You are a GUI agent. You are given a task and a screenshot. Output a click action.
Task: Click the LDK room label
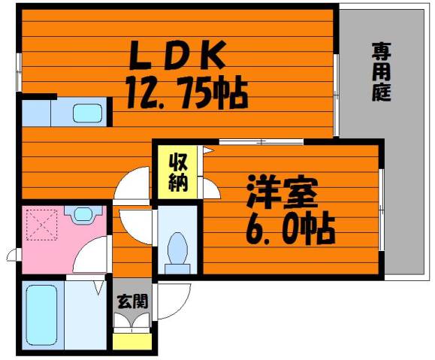[177, 55]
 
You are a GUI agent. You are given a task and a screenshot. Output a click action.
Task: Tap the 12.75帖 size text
[187, 92]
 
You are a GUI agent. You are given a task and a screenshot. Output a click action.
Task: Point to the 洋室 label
[282, 192]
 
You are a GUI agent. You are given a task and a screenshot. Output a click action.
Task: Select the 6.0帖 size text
[290, 228]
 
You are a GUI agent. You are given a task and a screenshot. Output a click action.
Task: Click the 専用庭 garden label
[382, 71]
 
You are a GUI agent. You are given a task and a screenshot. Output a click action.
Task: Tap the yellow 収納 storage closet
[178, 172]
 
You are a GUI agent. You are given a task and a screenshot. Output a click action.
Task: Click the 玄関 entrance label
[132, 301]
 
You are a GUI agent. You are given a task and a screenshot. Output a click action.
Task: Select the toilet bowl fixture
[177, 249]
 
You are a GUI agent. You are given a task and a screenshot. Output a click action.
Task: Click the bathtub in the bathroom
[42, 316]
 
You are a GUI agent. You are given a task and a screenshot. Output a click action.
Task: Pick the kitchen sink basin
[87, 113]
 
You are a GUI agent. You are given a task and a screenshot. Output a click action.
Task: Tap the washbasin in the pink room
[83, 214]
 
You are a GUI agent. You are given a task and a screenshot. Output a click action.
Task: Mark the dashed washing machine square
[41, 225]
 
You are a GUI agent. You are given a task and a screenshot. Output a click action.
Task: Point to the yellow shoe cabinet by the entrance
[132, 342]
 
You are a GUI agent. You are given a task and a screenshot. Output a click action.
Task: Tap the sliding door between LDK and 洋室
[261, 142]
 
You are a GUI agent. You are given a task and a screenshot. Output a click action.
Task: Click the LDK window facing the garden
[336, 95]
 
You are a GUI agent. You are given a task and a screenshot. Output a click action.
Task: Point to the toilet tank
[177, 268]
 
